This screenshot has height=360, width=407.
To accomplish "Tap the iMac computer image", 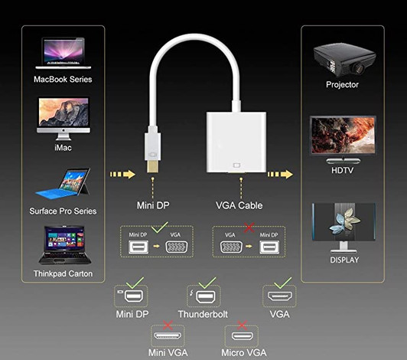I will click(63, 117).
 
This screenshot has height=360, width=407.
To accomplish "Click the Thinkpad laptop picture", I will click(62, 245).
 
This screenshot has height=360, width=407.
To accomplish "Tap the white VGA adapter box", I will click(236, 141).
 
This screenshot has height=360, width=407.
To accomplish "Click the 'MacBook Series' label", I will click(63, 80).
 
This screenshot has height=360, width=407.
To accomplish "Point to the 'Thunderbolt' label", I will click(203, 314).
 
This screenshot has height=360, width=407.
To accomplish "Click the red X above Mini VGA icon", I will click(168, 326).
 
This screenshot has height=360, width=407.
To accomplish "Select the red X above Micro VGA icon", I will click(242, 326).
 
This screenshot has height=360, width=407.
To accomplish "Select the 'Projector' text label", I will click(342, 84).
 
